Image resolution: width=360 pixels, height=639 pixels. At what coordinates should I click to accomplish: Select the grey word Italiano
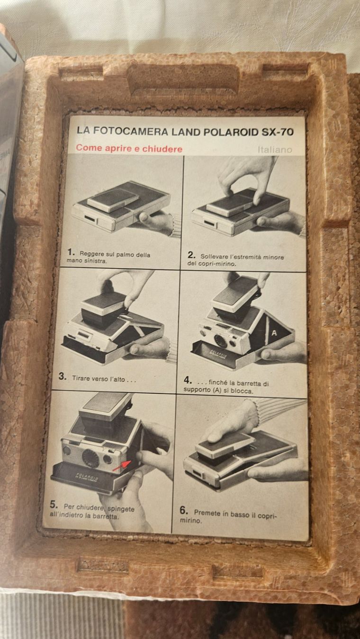point(275,150)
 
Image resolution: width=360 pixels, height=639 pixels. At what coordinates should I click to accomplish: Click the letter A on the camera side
point(274,333)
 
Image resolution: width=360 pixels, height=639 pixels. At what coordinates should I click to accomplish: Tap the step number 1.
point(71,252)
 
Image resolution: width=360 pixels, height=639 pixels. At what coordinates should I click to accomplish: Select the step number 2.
point(191,255)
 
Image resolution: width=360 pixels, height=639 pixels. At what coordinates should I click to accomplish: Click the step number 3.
point(62,376)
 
